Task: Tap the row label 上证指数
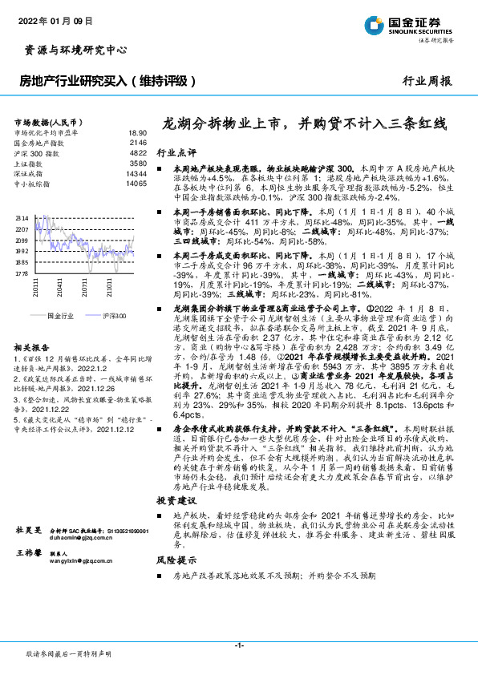31,163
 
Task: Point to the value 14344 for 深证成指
136,173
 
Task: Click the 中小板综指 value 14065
136,184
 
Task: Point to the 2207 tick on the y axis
21,229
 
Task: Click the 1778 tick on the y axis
21,273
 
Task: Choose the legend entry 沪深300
115,317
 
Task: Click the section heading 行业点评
176,152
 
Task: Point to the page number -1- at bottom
238,645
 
